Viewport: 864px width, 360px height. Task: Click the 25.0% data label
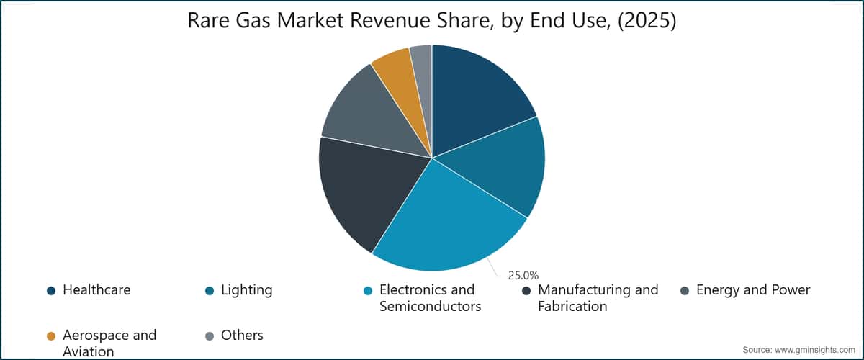click(523, 276)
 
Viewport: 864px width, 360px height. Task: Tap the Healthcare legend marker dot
click(51, 291)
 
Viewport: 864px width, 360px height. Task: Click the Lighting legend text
click(246, 290)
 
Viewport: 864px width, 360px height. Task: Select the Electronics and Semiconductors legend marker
click(368, 291)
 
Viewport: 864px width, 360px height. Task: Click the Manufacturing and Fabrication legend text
click(598, 298)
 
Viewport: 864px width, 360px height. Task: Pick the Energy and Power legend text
click(753, 290)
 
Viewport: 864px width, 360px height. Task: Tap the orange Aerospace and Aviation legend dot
click(51, 336)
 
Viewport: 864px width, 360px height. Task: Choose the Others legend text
click(242, 336)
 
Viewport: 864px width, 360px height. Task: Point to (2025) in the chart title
click(647, 21)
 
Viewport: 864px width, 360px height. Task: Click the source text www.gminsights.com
click(815, 350)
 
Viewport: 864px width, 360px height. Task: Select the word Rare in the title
click(209, 20)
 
